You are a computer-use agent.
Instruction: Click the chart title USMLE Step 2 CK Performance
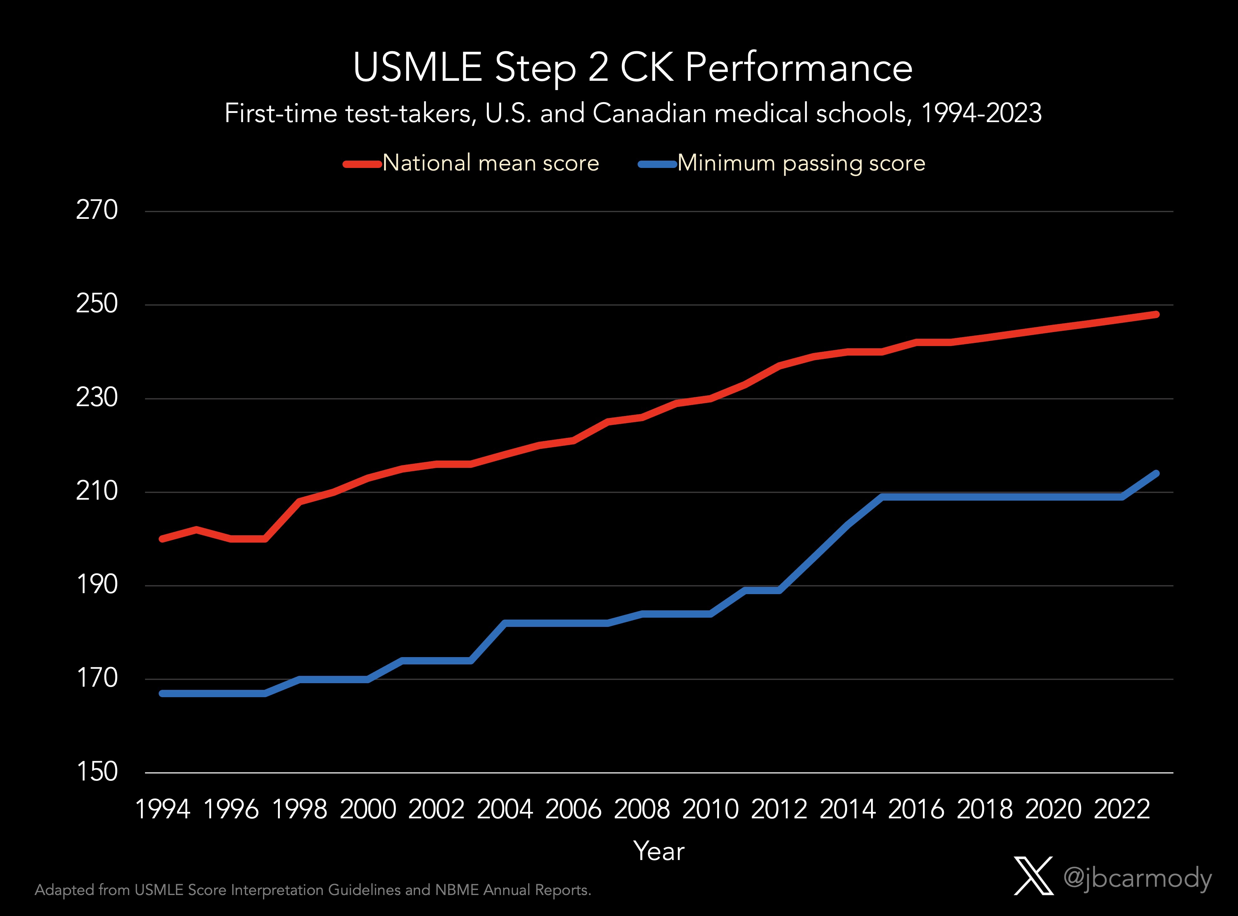tap(633, 68)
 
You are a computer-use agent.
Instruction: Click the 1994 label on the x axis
tap(163, 809)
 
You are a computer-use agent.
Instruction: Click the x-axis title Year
tap(659, 851)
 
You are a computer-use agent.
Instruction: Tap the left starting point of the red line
tap(162, 538)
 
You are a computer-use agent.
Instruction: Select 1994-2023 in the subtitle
tap(981, 113)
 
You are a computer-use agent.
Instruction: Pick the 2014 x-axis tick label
tap(847, 809)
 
